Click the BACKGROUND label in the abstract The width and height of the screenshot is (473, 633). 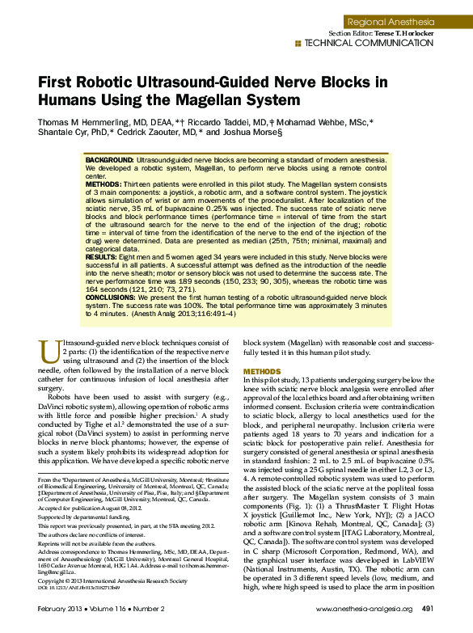pos(110,162)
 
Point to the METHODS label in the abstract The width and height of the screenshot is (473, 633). pos(103,184)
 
